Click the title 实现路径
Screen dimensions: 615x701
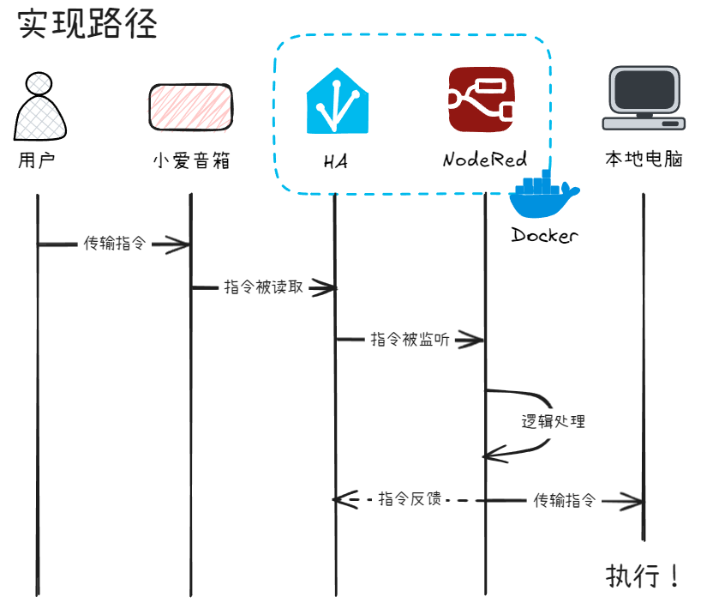[88, 24]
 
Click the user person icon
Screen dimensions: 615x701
[39, 106]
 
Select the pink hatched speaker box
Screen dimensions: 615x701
[189, 106]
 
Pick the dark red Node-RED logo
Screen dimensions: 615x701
[482, 100]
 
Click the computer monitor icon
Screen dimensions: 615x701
[644, 97]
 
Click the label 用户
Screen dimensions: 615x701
[36, 160]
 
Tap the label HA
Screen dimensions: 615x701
[336, 160]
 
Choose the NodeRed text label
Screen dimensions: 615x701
[484, 160]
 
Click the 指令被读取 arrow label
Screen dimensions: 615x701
[263, 287]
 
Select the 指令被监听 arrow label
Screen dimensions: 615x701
[410, 339]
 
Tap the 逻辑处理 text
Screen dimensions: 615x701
[554, 421]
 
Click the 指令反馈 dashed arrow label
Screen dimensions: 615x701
[410, 498]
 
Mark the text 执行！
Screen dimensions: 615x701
[643, 575]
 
